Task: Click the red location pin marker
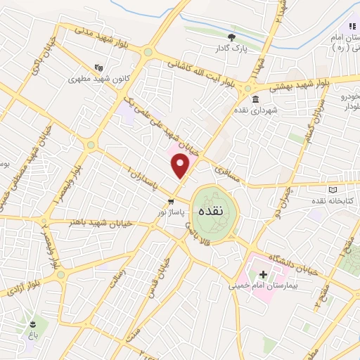[x=181, y=165]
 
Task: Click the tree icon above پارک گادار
[x=231, y=37]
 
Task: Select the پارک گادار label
[x=231, y=49]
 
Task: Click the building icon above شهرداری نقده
[x=254, y=98]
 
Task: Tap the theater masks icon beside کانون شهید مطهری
[x=101, y=67]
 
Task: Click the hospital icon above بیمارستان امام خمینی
[x=263, y=274]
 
